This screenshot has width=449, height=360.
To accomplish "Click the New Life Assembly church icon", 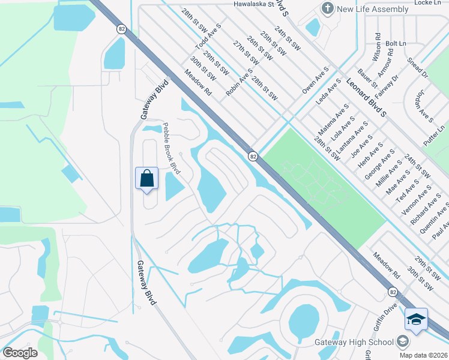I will pos(327,8).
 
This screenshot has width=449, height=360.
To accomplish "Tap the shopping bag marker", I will pos(147,178).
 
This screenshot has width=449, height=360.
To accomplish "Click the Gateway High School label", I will pos(354,342).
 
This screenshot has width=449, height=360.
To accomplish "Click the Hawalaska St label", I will pos(254,4).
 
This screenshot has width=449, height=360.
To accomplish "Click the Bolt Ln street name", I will pos(396,44).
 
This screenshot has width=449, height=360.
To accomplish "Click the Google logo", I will pos(20,353).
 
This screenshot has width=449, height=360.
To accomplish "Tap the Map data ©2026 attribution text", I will pos(423,355).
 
